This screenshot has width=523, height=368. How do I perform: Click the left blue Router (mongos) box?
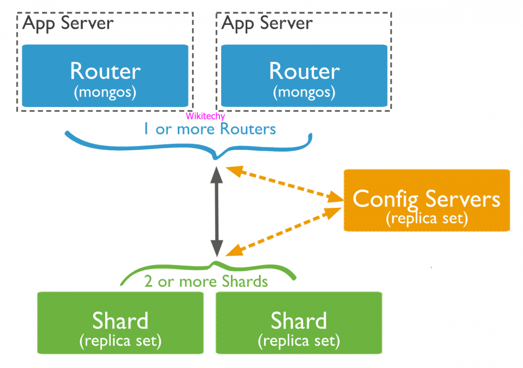point(105,76)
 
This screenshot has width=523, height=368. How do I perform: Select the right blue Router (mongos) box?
point(304,76)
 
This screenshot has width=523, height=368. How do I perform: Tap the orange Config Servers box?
point(426,200)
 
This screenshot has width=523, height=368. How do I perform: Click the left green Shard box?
point(120,323)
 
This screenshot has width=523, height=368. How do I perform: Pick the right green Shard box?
point(298,323)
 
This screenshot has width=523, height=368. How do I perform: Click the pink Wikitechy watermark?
point(205,116)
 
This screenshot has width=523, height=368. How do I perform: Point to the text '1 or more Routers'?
point(209,129)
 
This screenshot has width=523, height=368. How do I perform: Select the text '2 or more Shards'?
point(206,282)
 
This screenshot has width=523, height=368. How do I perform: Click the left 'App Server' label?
point(68,23)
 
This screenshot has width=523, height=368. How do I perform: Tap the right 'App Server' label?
point(267,23)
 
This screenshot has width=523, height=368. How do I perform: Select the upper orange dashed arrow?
point(284,185)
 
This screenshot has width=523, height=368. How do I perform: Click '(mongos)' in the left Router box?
point(105,92)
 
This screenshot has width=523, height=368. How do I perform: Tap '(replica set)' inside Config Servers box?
point(426,219)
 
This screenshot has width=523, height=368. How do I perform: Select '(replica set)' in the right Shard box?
point(298,341)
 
